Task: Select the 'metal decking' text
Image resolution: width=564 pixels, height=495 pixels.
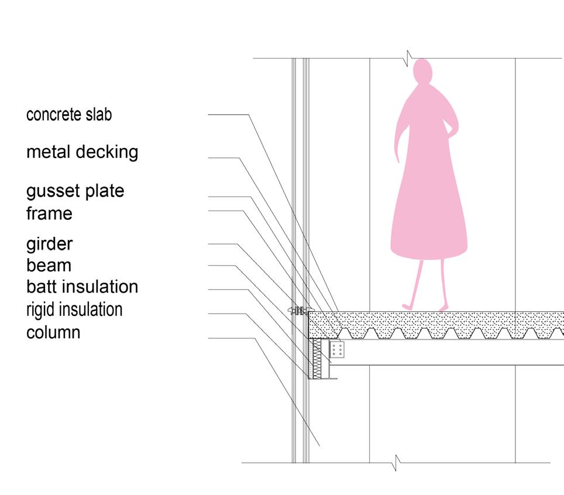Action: coord(82,152)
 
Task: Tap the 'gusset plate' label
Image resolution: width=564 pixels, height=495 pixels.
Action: coord(75,191)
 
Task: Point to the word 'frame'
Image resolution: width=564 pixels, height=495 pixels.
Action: coord(49,214)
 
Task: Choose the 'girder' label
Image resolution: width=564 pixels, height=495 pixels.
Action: coord(50,243)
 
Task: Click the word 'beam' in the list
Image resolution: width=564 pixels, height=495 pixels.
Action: coord(49,266)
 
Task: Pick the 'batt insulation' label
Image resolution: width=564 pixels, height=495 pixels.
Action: coord(82,287)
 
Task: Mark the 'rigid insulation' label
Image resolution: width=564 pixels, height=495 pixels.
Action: coord(74,310)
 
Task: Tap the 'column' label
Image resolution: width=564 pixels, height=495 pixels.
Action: coord(53,332)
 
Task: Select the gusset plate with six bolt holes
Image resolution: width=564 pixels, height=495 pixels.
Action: coord(337,350)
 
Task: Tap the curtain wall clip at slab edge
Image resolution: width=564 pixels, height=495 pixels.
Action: coord(301,311)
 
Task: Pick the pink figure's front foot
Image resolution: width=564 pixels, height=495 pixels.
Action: coord(407,306)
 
